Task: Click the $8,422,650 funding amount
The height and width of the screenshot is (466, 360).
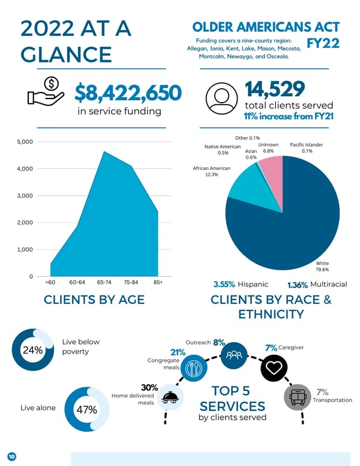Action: (128, 93)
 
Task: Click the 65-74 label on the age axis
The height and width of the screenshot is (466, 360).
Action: (104, 281)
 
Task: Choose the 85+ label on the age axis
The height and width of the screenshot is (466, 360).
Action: (158, 281)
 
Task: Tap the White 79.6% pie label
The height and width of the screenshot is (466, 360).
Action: (322, 266)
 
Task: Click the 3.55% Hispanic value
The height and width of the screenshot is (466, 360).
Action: (224, 284)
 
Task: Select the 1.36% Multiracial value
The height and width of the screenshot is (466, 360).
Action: (298, 284)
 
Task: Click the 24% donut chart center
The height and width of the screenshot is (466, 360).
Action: (32, 350)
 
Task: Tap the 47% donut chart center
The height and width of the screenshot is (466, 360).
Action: (86, 410)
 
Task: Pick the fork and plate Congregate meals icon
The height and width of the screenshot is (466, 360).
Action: (193, 368)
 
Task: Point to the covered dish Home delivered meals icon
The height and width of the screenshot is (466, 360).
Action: (170, 397)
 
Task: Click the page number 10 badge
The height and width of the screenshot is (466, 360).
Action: (11, 456)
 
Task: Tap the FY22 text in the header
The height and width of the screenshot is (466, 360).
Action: (322, 43)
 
